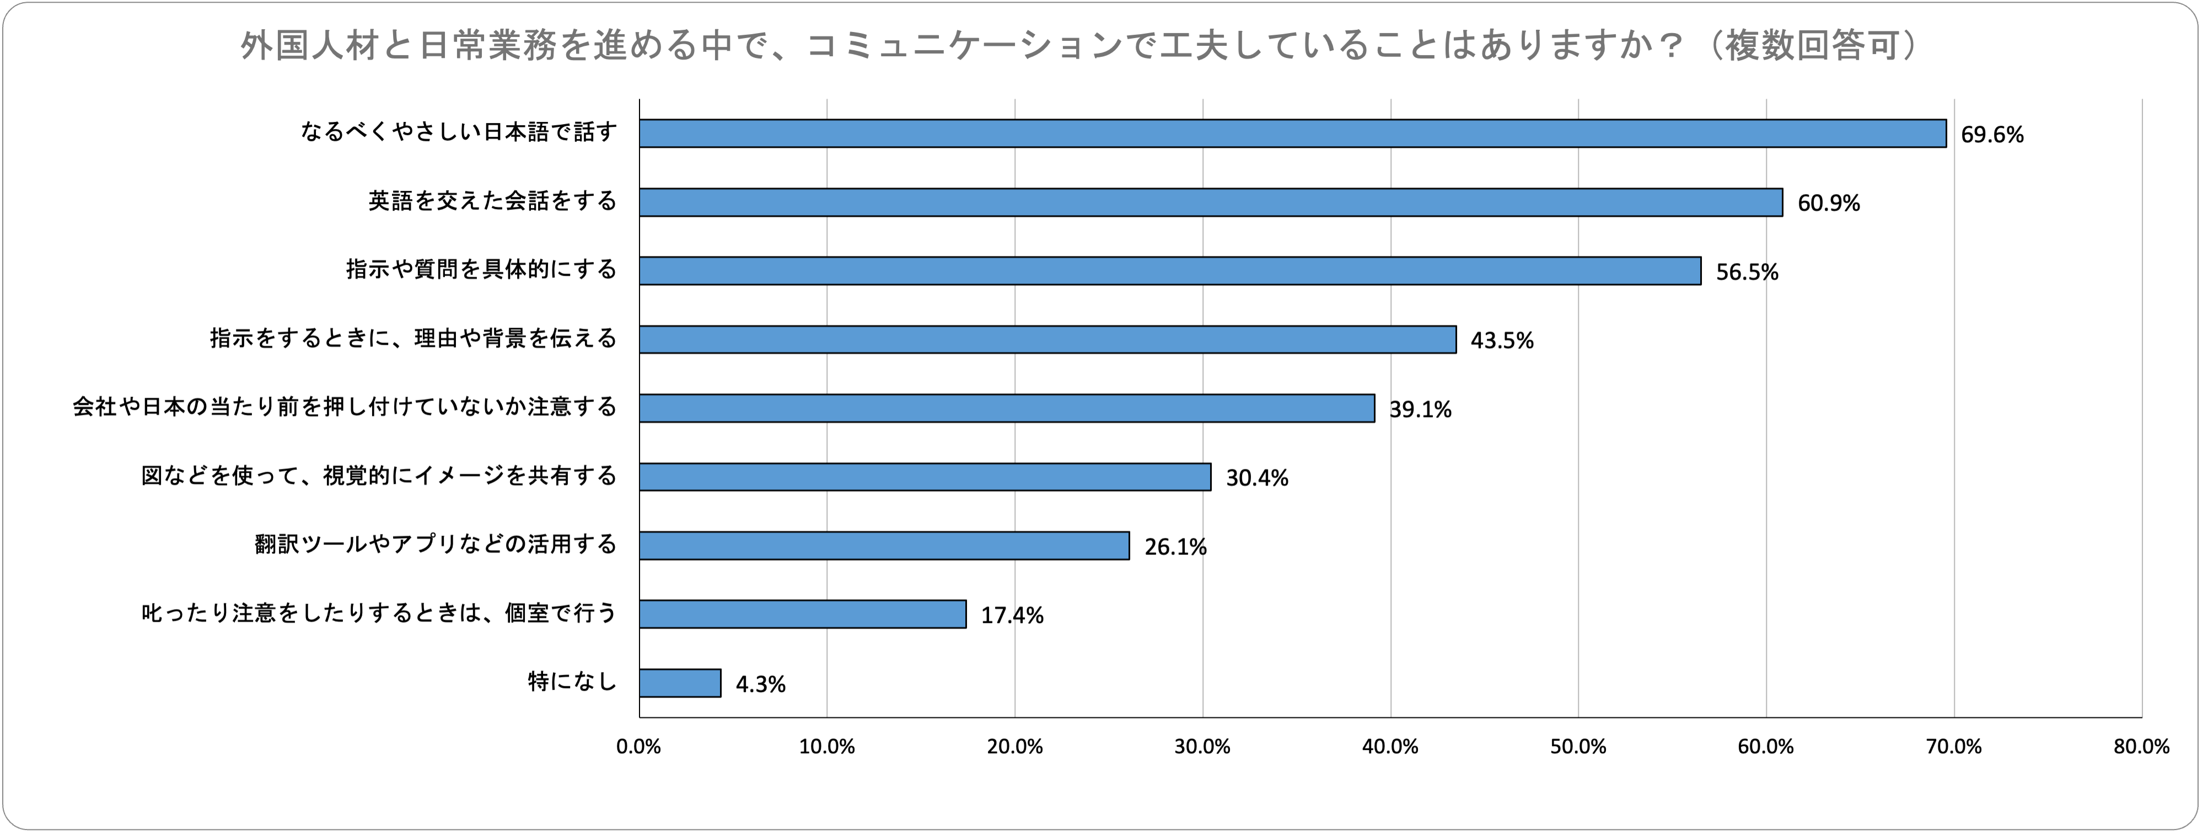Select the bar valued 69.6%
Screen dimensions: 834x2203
click(1292, 133)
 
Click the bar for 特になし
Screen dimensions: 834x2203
click(680, 683)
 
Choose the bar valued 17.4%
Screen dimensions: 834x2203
click(802, 614)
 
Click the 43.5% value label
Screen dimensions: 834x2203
click(1502, 340)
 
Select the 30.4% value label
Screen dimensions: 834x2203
click(1257, 478)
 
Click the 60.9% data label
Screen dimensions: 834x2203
click(1829, 204)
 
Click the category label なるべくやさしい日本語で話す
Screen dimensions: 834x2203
click(458, 132)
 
